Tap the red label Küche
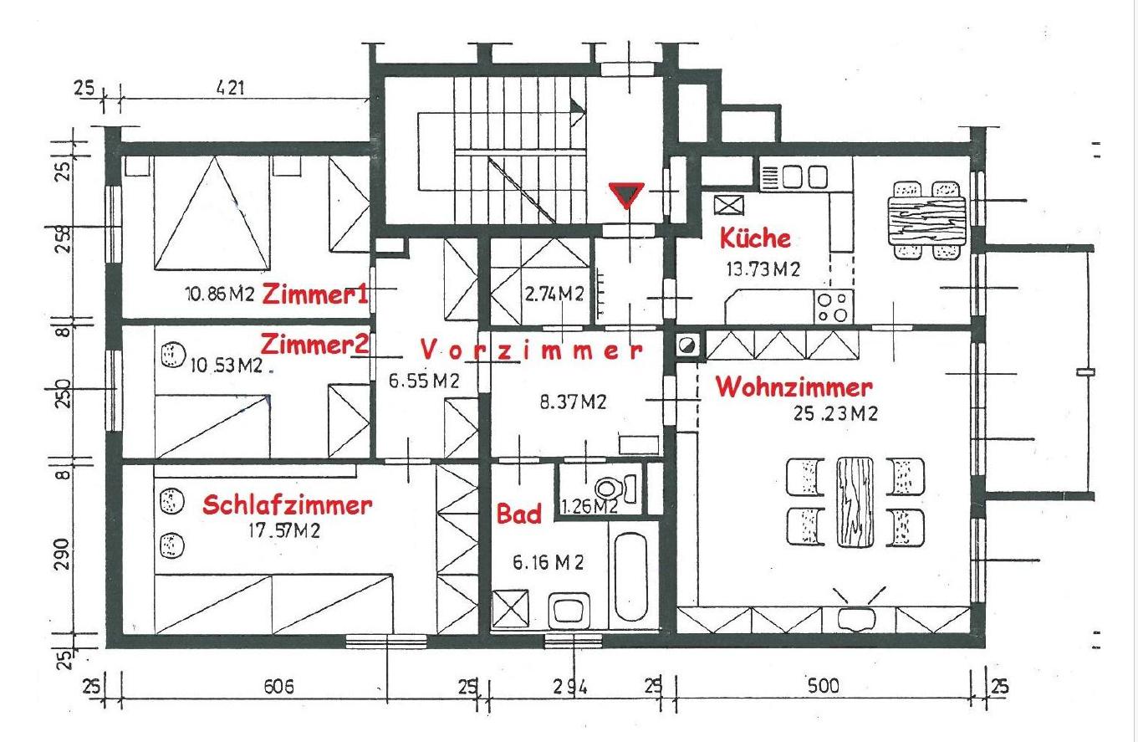click(755, 238)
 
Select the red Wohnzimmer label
click(794, 387)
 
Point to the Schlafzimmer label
click(287, 504)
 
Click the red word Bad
click(518, 513)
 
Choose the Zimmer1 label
click(314, 294)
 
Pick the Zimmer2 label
click(314, 345)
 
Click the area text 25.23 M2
click(835, 414)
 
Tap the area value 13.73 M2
click(763, 269)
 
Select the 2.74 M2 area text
click(554, 294)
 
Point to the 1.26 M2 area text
click(589, 506)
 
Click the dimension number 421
click(230, 89)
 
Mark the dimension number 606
click(278, 687)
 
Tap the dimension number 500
click(823, 686)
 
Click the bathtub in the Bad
click(630, 576)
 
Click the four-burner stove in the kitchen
click(833, 306)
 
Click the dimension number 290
click(61, 554)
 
